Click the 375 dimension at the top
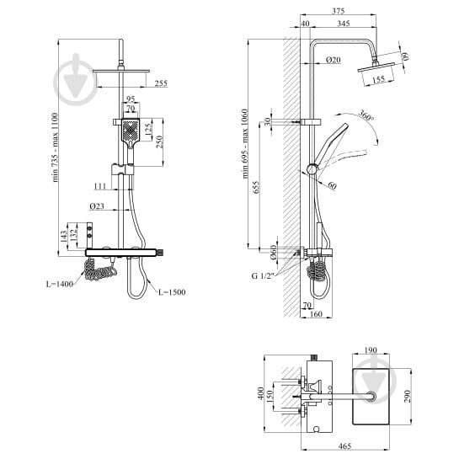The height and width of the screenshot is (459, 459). pyautogui.click(x=338, y=11)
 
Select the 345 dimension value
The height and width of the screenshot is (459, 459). pyautogui.click(x=343, y=23)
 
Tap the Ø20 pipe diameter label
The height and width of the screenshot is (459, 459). pyautogui.click(x=334, y=60)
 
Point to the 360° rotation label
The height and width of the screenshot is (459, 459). pyautogui.click(x=366, y=115)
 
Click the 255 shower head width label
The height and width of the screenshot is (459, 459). pyautogui.click(x=161, y=83)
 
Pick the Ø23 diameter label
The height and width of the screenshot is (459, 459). pyautogui.click(x=97, y=206)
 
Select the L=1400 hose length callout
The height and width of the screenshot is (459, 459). pyautogui.click(x=60, y=284)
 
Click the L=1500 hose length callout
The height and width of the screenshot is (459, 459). pyautogui.click(x=172, y=292)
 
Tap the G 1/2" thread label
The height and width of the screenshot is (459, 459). pyautogui.click(x=262, y=275)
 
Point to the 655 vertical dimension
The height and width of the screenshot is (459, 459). pyautogui.click(x=256, y=187)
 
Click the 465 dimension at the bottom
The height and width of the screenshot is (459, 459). pyautogui.click(x=344, y=446)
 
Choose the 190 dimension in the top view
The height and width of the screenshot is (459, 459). pyautogui.click(x=371, y=350)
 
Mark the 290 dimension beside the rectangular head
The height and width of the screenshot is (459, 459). pyautogui.click(x=408, y=396)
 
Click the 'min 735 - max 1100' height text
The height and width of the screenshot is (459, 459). pyautogui.click(x=55, y=147)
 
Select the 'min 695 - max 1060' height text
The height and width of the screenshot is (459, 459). pyautogui.click(x=245, y=144)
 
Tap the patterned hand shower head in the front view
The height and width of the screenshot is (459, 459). pyautogui.click(x=131, y=131)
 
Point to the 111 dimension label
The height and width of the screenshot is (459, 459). pyautogui.click(x=100, y=186)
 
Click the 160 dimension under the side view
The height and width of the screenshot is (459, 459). pyautogui.click(x=316, y=314)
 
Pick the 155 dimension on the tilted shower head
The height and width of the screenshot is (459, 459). pyautogui.click(x=379, y=79)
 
